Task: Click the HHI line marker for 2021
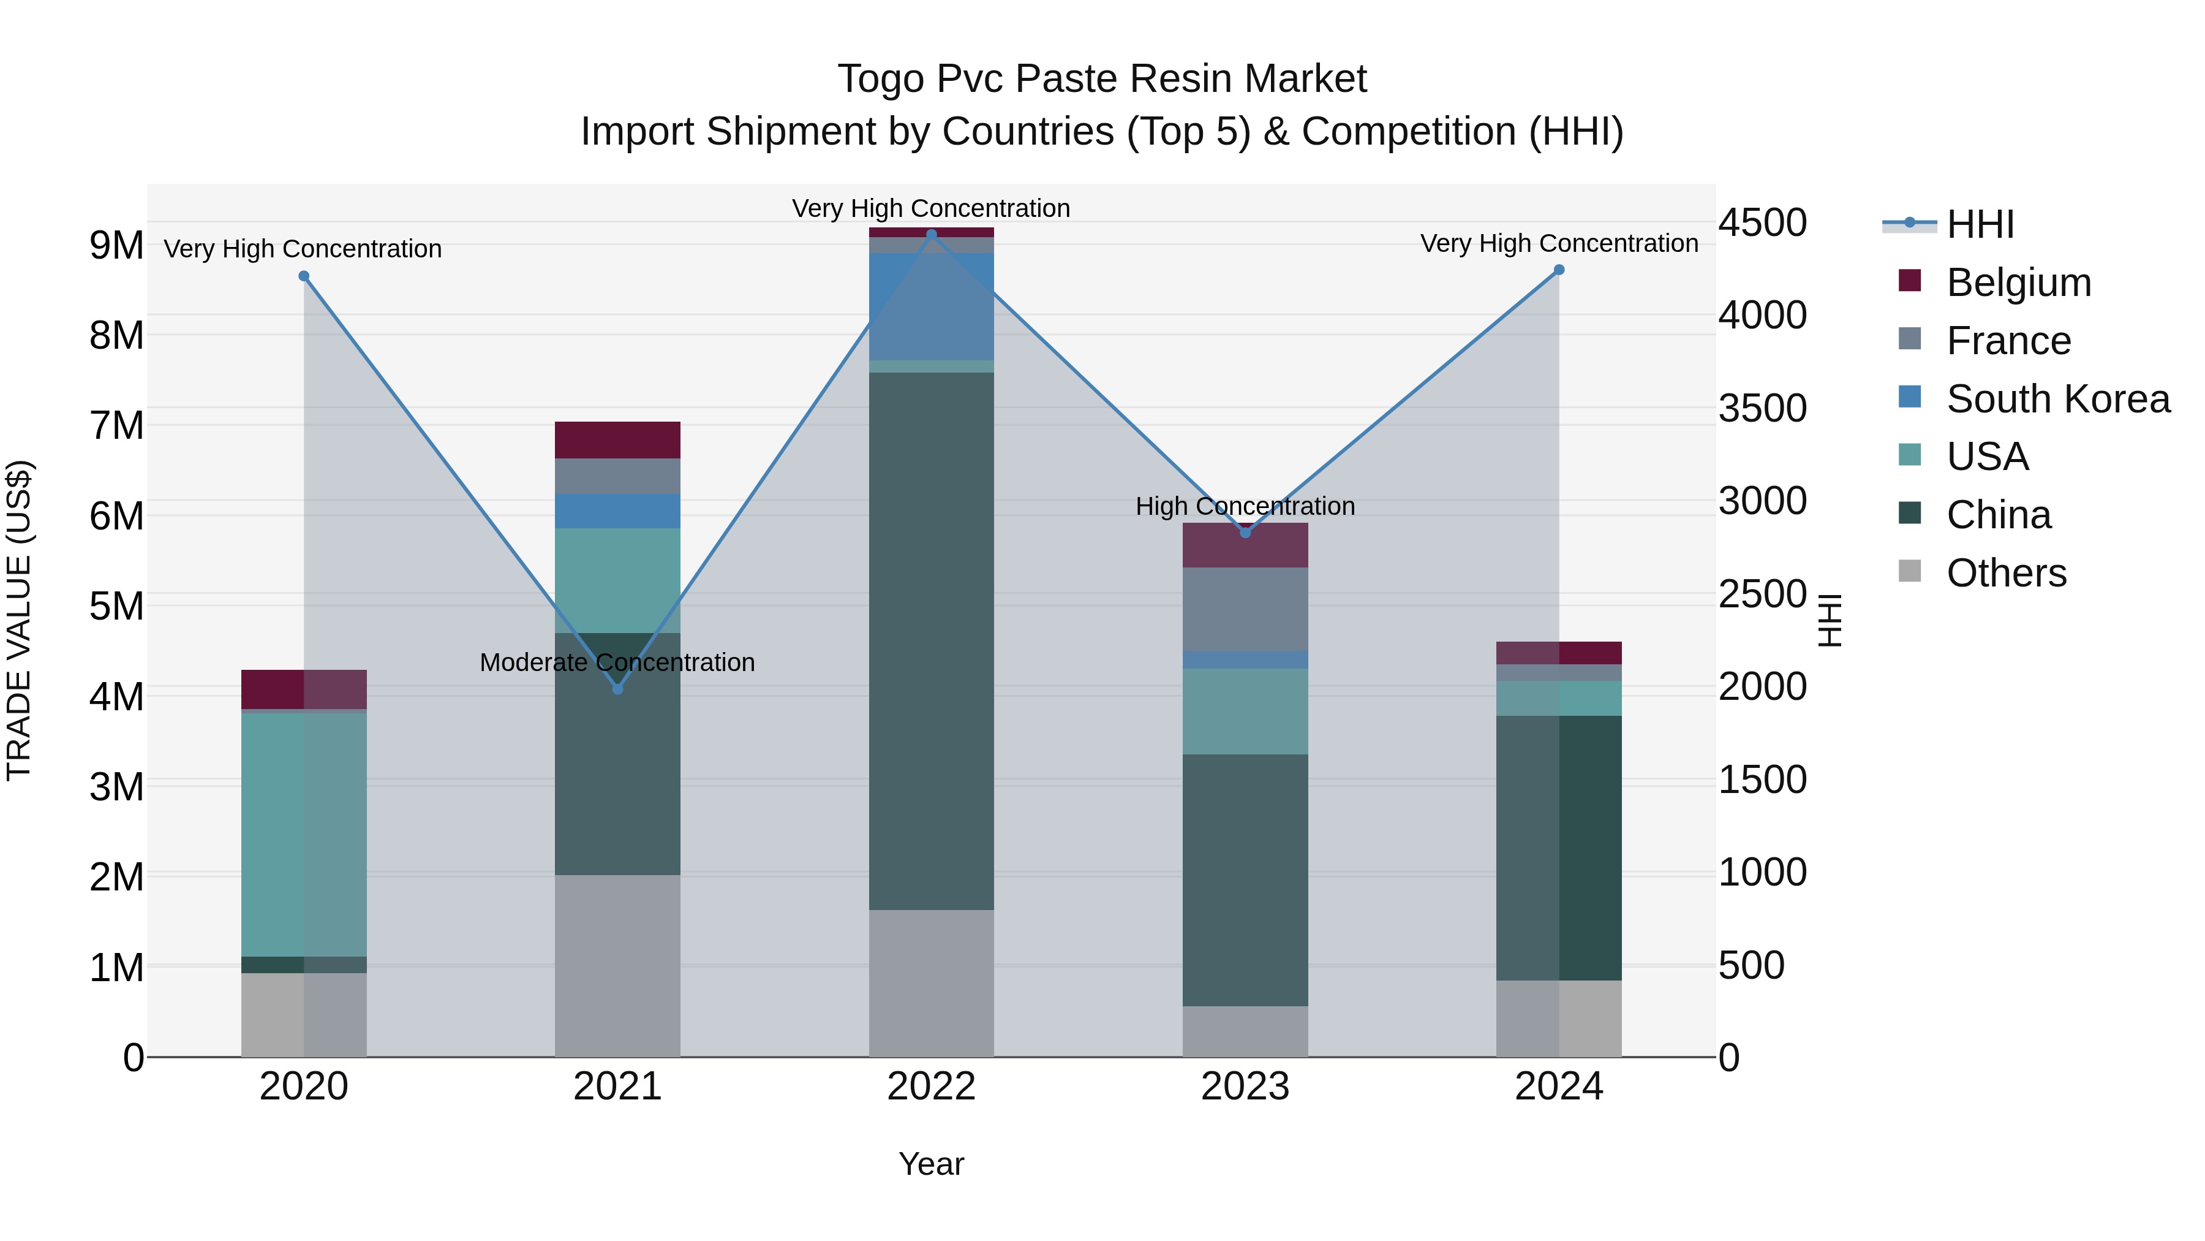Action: pyautogui.click(x=617, y=689)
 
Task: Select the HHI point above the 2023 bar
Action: pyautogui.click(x=1245, y=533)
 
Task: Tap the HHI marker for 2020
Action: pyautogui.click(x=304, y=276)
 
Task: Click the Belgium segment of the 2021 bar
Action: pyautogui.click(x=617, y=440)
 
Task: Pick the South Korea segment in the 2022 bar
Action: pyautogui.click(x=931, y=306)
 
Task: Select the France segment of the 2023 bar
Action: pyautogui.click(x=1245, y=609)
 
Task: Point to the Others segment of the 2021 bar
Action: pyautogui.click(x=617, y=965)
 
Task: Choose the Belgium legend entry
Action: pyautogui.click(x=2018, y=283)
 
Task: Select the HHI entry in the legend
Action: pyautogui.click(x=1979, y=224)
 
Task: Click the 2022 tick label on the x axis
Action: pyautogui.click(x=931, y=1087)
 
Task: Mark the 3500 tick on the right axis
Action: pyautogui.click(x=1762, y=409)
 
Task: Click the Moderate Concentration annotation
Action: pyautogui.click(x=617, y=662)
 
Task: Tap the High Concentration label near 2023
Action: pyautogui.click(x=1245, y=506)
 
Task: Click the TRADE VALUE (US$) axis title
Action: pyautogui.click(x=20, y=620)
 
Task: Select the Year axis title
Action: pyautogui.click(x=931, y=1164)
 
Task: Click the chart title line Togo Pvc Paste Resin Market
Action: pyautogui.click(x=1102, y=79)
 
